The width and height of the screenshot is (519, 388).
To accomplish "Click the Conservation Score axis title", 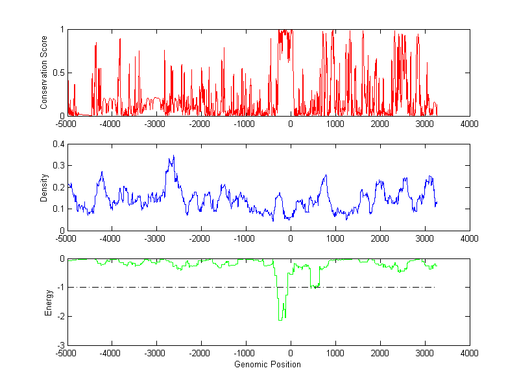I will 44,73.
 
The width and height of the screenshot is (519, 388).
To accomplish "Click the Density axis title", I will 44,187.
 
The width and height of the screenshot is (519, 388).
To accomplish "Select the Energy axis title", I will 47,302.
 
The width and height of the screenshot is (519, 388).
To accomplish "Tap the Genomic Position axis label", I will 268,364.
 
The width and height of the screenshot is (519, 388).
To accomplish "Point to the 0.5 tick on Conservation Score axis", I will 60,73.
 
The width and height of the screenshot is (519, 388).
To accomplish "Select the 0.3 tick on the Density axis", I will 60,166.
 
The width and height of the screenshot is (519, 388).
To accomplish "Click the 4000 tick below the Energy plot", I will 469,353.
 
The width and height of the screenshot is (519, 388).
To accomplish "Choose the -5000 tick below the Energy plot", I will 67,353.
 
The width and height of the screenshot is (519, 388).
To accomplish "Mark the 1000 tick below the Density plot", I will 335,238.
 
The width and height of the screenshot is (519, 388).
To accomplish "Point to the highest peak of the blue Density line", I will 173,155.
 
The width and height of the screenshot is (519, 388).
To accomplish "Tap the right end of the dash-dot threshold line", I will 433,287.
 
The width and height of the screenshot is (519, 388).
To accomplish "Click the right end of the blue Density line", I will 437,203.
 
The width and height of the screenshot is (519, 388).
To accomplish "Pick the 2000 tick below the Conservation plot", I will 380,123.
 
